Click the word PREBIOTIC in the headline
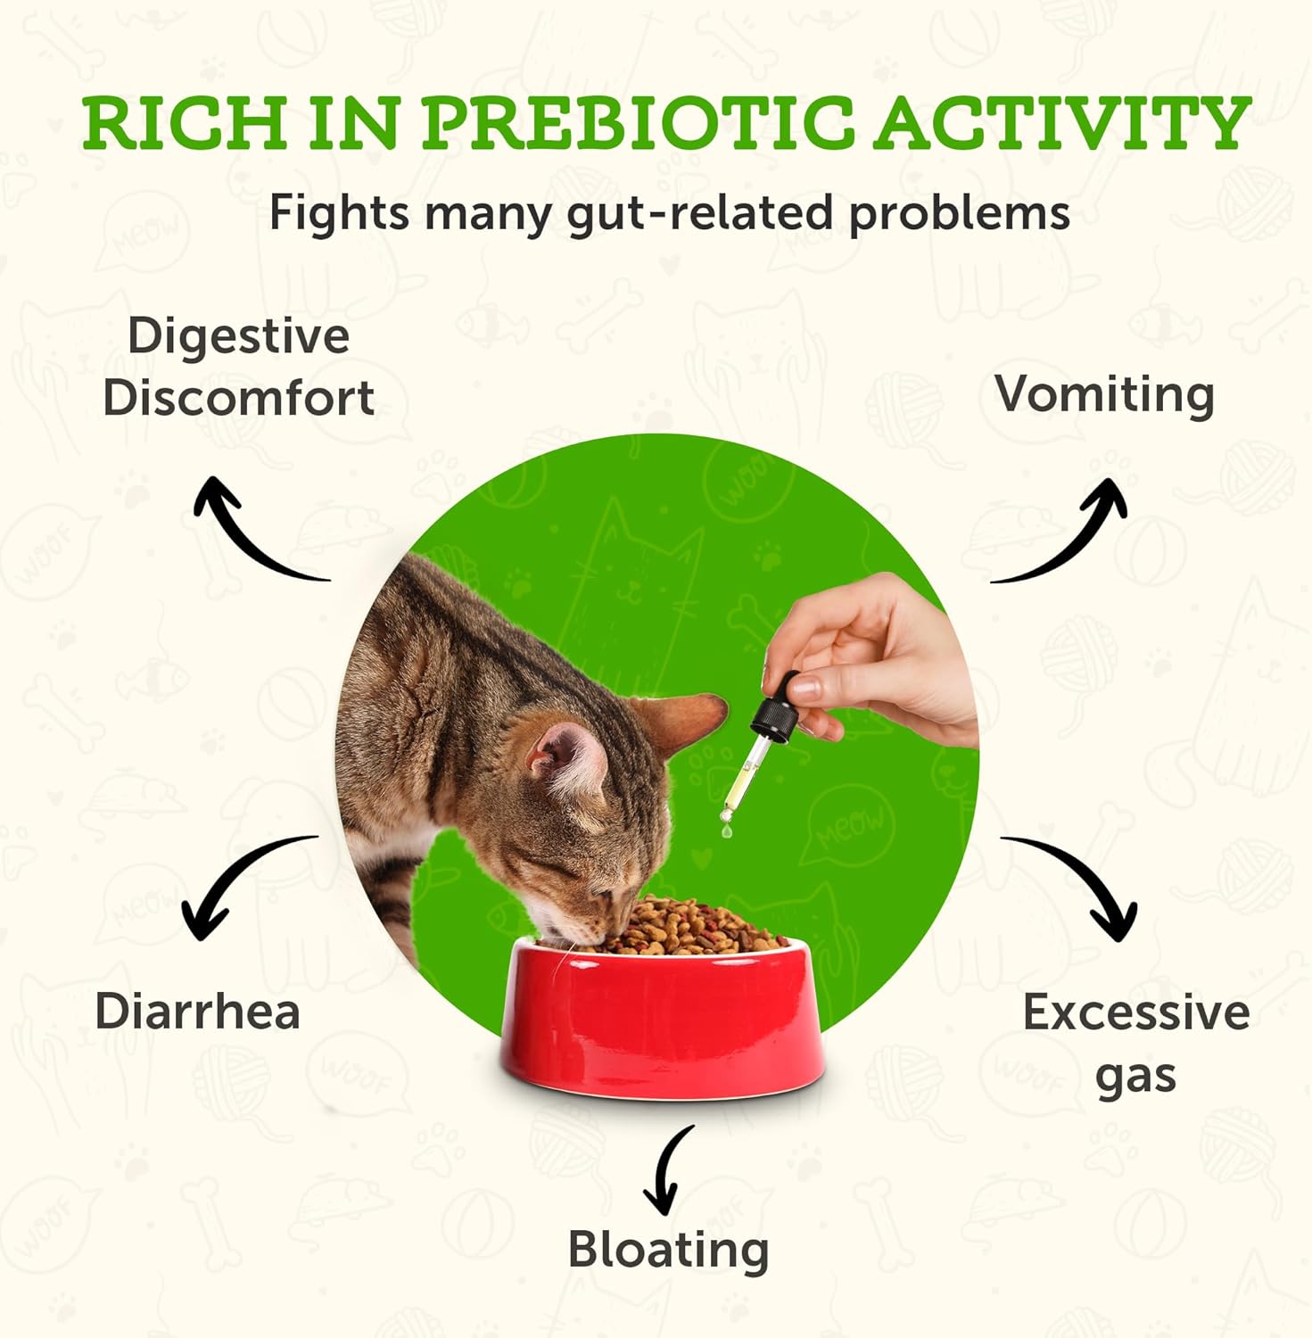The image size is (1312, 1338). pos(638,122)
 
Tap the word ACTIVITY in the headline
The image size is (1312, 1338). pos(1060,122)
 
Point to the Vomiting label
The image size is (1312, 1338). pos(1104,394)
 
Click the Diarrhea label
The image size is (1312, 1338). pos(197,1012)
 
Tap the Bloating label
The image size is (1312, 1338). pos(668,1251)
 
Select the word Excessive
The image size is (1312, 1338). pos(1135,1012)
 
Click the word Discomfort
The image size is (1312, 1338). pos(238,398)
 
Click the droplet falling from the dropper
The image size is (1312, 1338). pos(728,831)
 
